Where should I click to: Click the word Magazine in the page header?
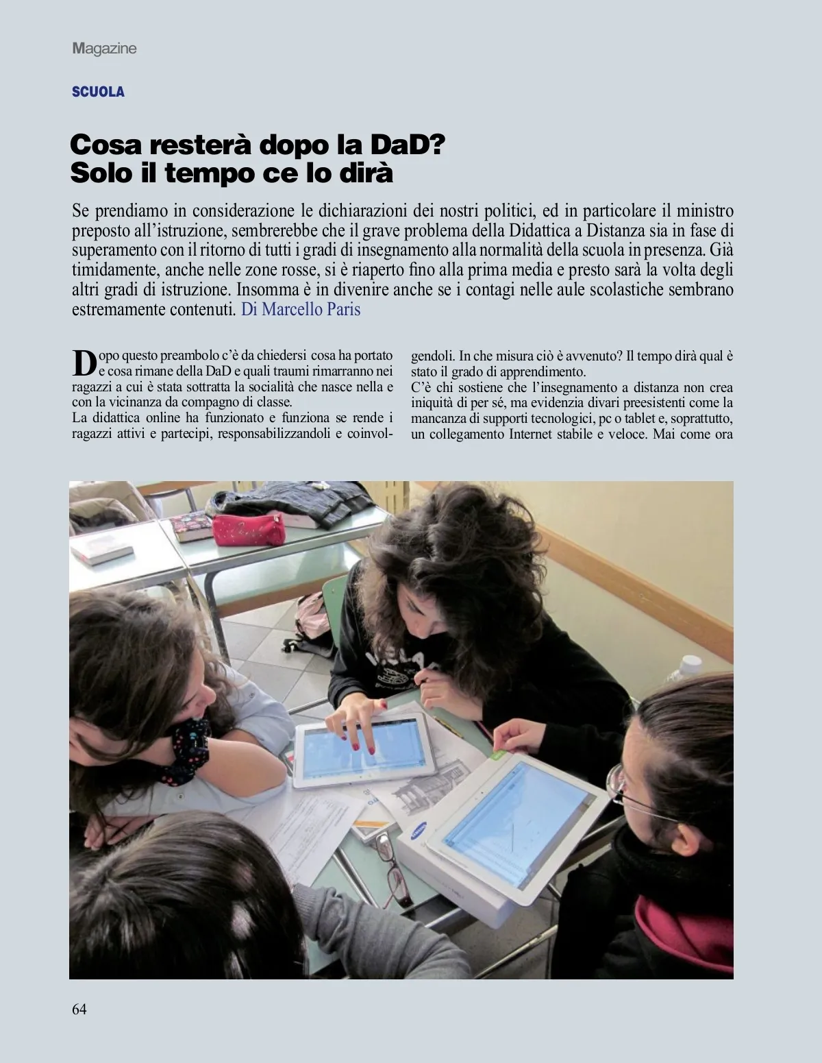(x=104, y=49)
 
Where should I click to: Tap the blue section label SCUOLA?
(x=98, y=92)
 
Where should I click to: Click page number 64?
(x=79, y=1008)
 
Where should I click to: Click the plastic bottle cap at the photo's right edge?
(x=690, y=663)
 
